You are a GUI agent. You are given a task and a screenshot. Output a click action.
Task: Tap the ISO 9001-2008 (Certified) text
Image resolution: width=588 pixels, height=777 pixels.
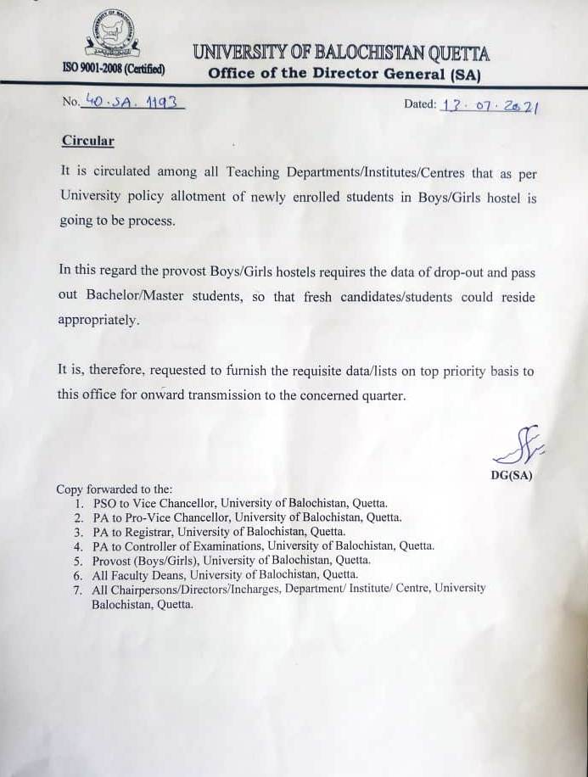114,69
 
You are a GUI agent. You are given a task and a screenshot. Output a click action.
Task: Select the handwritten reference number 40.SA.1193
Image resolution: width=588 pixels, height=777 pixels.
133,103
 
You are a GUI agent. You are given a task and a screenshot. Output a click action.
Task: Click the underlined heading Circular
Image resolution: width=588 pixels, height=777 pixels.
87,141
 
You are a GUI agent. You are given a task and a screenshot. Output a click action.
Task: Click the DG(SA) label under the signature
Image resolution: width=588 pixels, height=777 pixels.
512,475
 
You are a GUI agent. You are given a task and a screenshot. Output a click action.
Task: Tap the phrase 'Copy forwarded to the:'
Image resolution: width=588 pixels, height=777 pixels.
115,489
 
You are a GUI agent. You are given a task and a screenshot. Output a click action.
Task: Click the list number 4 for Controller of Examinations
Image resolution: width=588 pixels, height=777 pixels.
78,546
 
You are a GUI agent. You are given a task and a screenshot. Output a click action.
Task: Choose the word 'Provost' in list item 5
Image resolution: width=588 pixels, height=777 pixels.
113,561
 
